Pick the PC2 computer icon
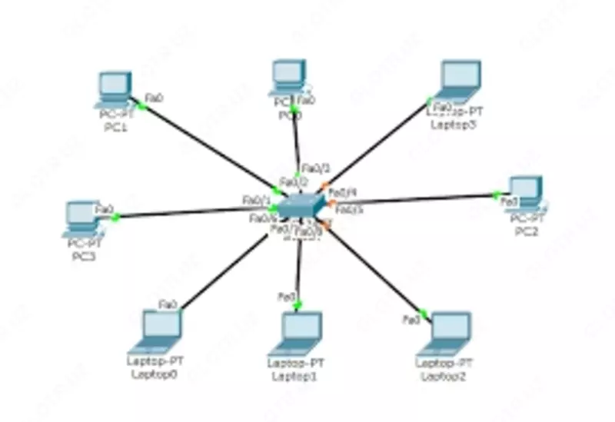[527, 193]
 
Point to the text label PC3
[81, 256]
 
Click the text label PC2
[525, 231]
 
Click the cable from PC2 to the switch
[415, 201]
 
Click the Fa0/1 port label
[256, 200]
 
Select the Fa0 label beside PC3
[103, 208]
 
